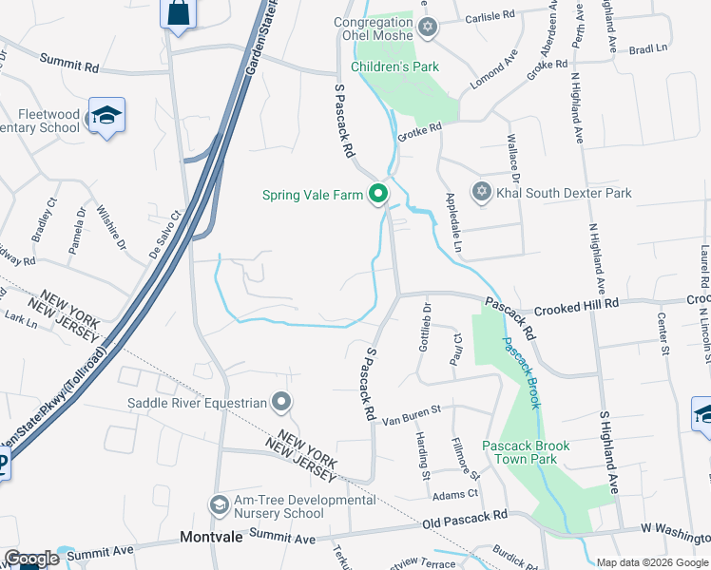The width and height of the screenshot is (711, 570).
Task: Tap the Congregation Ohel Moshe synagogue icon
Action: pyautogui.click(x=427, y=26)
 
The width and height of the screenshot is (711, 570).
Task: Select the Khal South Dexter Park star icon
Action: pyautogui.click(x=481, y=193)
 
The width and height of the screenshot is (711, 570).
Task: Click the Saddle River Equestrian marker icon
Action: pyautogui.click(x=280, y=403)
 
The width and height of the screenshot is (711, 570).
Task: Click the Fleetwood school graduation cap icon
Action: pyautogui.click(x=106, y=116)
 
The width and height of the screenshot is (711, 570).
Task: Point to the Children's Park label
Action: pyautogui.click(x=394, y=66)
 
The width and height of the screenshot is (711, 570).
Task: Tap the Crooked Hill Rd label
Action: pyautogui.click(x=576, y=302)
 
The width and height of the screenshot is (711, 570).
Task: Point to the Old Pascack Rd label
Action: pyautogui.click(x=465, y=519)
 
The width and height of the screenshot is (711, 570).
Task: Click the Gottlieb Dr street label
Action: pyautogui.click(x=426, y=327)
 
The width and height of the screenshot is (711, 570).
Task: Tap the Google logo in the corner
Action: pyautogui.click(x=31, y=559)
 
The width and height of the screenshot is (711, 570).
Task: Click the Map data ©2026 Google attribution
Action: pyautogui.click(x=651, y=562)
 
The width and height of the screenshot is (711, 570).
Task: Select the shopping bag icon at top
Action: pyautogui.click(x=178, y=13)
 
